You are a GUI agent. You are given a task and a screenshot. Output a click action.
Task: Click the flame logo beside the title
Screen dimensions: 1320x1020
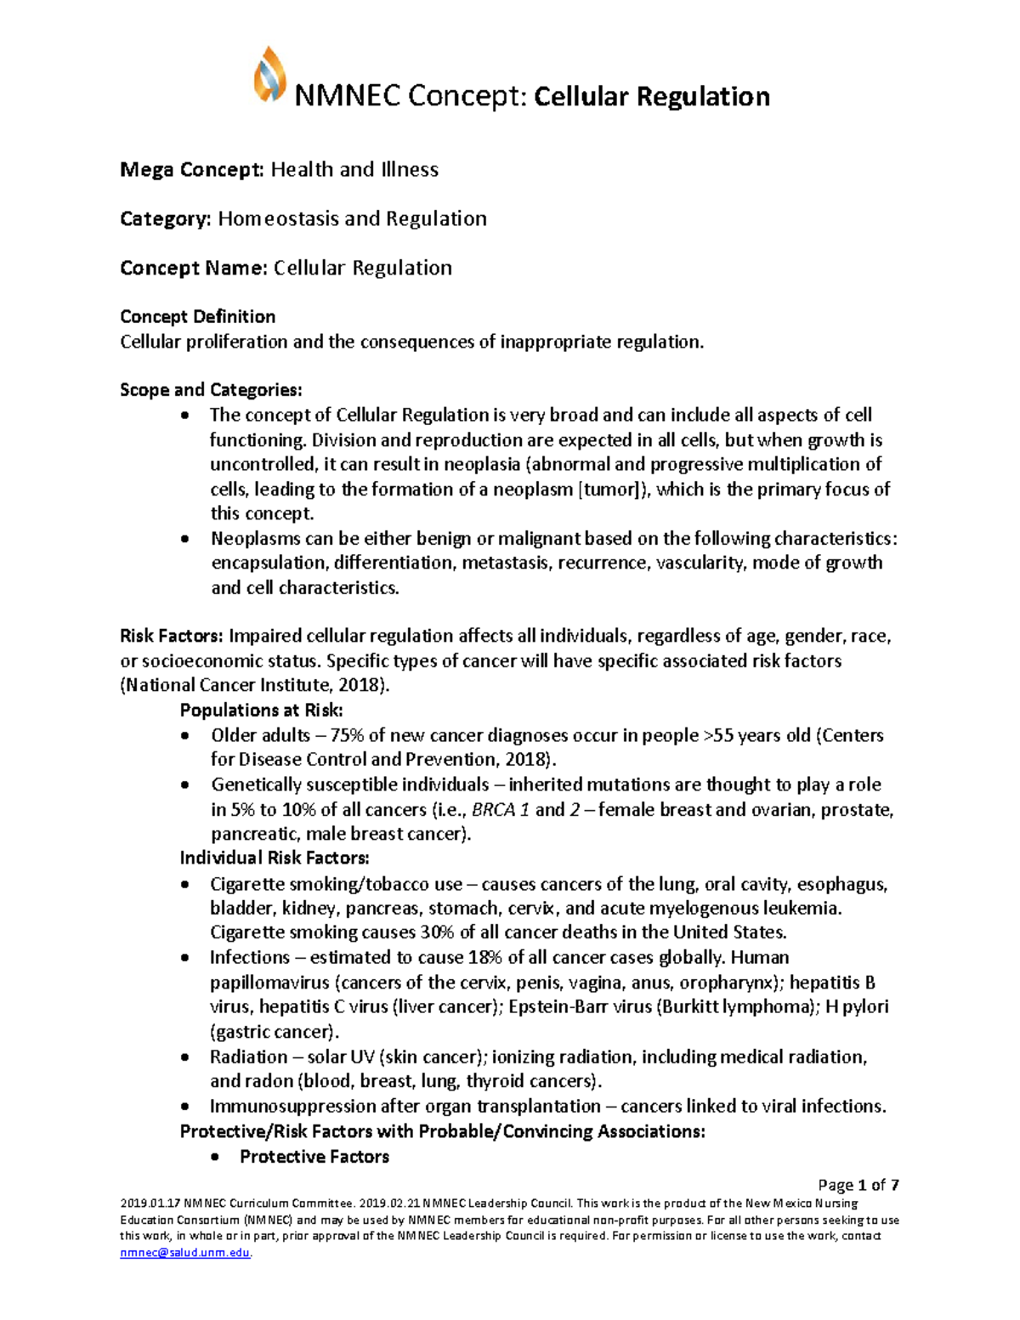[x=269, y=76]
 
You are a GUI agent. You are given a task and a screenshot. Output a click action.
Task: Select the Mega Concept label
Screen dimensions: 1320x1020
[x=192, y=170]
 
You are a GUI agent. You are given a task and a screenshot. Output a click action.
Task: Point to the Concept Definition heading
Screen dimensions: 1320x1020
[x=197, y=317]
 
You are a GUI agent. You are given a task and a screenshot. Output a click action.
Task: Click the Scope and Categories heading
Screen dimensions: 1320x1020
[x=211, y=390]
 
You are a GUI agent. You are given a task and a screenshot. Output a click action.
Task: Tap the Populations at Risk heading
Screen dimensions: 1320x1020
[x=262, y=711]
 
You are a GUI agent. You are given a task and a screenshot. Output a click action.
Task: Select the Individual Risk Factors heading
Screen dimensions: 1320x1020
[x=275, y=858]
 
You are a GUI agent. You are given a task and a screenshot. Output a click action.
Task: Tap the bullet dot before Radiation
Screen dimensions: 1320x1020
[x=186, y=1058]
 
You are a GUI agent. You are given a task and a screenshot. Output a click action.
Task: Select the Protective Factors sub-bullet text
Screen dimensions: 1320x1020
[x=314, y=1157]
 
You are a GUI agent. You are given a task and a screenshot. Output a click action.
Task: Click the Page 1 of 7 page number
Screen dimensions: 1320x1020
[x=858, y=1185]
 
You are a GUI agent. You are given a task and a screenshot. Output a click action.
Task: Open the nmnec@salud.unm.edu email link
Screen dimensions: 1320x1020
[x=185, y=1253]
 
